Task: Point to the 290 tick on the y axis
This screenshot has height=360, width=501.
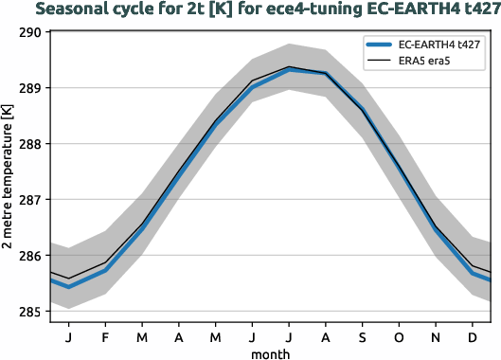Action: click(x=30, y=32)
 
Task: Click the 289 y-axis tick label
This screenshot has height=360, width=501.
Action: click(x=30, y=88)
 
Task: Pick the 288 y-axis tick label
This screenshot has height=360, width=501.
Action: click(x=30, y=144)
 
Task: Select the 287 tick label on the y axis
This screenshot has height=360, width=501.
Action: click(x=30, y=200)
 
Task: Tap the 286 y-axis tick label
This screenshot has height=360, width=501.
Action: click(x=30, y=256)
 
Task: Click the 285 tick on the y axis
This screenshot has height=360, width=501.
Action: click(x=30, y=312)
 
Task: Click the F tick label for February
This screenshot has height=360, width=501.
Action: click(x=105, y=335)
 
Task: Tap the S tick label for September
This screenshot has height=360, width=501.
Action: click(x=362, y=335)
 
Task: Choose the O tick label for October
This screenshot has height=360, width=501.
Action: click(x=399, y=335)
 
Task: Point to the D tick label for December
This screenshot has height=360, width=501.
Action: click(x=472, y=335)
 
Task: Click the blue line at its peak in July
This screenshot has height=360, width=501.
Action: click(x=289, y=70)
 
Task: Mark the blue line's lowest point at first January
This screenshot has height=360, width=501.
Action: click(x=68, y=286)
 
